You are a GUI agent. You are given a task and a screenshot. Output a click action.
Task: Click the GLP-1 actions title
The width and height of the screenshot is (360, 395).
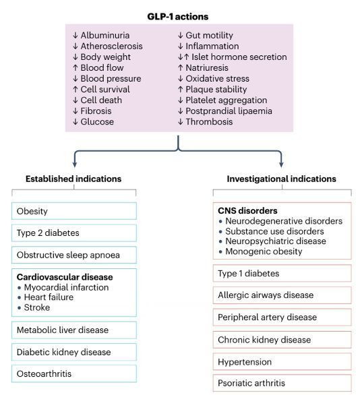coord(177,17)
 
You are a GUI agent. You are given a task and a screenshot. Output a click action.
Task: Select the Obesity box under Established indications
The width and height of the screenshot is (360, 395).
coord(74,211)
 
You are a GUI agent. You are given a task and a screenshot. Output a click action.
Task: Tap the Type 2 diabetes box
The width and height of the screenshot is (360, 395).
coord(74,233)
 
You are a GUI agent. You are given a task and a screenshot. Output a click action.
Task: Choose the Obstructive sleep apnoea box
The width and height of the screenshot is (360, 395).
coord(74,255)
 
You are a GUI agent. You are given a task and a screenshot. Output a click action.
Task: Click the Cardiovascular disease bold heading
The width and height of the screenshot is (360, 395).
coord(65,277)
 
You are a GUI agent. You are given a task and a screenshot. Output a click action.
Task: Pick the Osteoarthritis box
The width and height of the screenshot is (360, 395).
coord(74,373)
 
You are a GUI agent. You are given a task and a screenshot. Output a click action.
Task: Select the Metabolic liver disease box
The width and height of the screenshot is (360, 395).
coord(74,330)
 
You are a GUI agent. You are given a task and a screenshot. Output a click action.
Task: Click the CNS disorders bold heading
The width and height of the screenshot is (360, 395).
coord(247,210)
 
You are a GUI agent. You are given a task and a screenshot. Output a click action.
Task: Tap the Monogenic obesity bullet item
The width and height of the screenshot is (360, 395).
coord(260,251)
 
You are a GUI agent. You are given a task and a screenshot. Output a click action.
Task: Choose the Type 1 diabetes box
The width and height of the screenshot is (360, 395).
coord(282,273)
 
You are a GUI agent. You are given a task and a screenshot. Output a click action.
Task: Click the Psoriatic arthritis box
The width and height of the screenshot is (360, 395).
coord(282,383)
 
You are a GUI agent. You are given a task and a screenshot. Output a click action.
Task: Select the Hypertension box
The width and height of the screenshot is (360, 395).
coord(282,362)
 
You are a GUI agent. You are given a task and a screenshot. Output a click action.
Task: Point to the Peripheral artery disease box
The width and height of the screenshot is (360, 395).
coord(282,317)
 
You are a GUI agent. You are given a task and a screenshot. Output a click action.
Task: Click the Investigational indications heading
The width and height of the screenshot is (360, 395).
coord(281,179)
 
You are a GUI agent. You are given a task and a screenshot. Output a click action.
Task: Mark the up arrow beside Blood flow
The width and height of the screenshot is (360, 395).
coord(75,67)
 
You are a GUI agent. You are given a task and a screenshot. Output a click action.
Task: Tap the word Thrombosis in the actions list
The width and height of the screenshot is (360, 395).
coord(209,122)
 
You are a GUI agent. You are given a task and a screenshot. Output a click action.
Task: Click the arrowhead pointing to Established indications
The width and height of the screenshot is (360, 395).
coord(75,164)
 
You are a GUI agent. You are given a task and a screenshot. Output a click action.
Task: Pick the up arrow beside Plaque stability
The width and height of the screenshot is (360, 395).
coord(180,89)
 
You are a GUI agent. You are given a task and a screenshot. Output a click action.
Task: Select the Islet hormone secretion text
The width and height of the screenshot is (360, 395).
coord(239,57)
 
